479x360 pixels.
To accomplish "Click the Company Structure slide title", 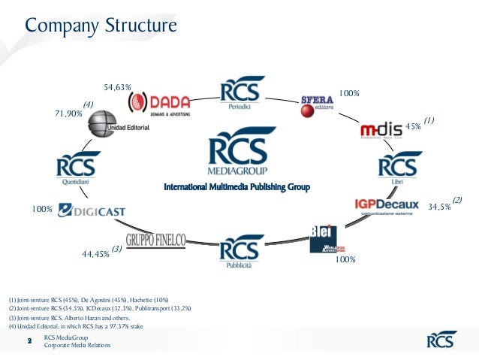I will coord(101,27).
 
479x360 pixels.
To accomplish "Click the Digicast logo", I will coord(92,210).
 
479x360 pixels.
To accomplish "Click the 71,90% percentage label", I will coord(68,113).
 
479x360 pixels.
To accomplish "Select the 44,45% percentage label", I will coord(95,254).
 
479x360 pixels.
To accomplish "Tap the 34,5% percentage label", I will coord(439,206).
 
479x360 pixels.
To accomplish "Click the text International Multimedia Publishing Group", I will coord(237,186).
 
